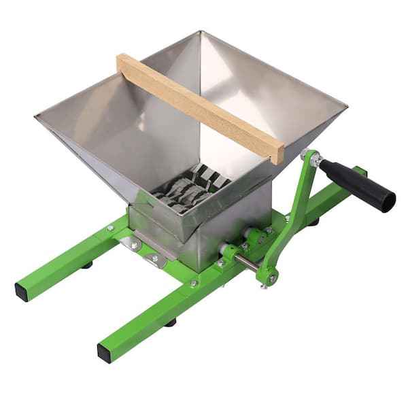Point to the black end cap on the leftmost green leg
point(22,290)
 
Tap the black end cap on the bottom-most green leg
point(105,352)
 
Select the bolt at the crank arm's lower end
point(272,277)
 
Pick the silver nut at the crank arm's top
point(313,158)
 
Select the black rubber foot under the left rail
point(88,265)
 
